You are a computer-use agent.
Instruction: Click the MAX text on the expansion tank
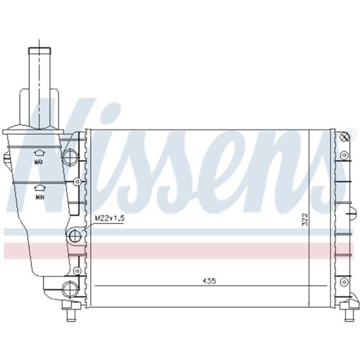pyautogui.click(x=39, y=162)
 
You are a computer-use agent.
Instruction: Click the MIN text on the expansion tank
pyautogui.click(x=40, y=197)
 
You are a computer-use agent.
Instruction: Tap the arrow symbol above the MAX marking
pyautogui.click(x=39, y=153)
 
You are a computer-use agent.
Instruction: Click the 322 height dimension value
pyautogui.click(x=305, y=219)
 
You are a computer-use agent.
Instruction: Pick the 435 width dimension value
pyautogui.click(x=210, y=281)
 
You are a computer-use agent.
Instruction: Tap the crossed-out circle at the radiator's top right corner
pyautogui.click(x=345, y=137)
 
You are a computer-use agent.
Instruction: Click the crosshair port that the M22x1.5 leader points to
pyautogui.click(x=74, y=235)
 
